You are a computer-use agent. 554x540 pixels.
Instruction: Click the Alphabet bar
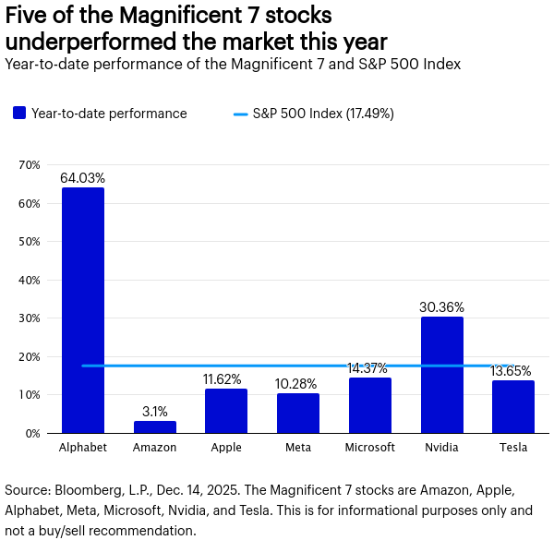click(83, 310)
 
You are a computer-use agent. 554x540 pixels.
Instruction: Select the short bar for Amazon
click(154, 426)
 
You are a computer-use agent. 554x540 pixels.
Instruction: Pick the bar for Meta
click(298, 414)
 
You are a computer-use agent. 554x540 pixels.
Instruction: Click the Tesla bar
click(513, 407)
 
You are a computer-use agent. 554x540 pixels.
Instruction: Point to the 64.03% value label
click(83, 177)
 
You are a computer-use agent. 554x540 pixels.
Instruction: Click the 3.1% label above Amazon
click(154, 410)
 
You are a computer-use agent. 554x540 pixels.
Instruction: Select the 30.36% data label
click(441, 306)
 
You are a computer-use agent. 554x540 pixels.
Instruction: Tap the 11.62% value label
click(226, 378)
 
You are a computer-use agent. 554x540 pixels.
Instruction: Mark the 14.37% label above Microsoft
click(369, 367)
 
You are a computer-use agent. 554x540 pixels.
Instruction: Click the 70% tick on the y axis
click(30, 165)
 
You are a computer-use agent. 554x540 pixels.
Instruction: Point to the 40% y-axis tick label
click(30, 280)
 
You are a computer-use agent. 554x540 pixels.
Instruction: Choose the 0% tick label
click(32, 433)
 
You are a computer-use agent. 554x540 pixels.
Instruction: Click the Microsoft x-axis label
click(369, 448)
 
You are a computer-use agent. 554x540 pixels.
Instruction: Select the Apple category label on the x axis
click(226, 448)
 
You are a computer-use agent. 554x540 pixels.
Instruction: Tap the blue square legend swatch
click(18, 114)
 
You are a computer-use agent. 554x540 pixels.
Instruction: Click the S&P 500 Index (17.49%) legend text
click(324, 114)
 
